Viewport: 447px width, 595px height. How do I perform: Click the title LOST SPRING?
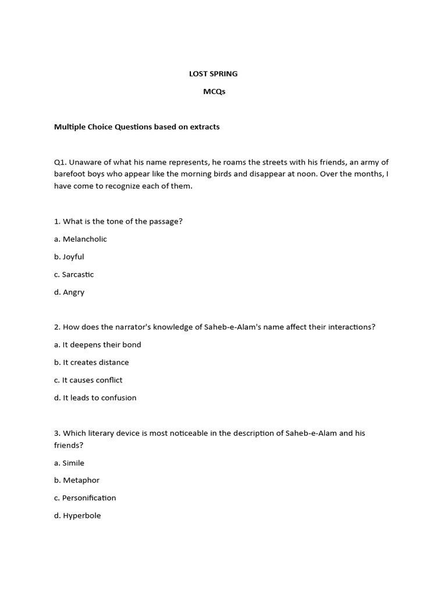coord(213,74)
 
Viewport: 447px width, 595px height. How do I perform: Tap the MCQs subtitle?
coord(214,91)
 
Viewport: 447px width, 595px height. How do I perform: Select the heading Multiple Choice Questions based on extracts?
coord(137,127)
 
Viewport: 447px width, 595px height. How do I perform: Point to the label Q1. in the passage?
coord(61,162)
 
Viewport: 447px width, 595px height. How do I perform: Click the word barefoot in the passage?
coord(70,174)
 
